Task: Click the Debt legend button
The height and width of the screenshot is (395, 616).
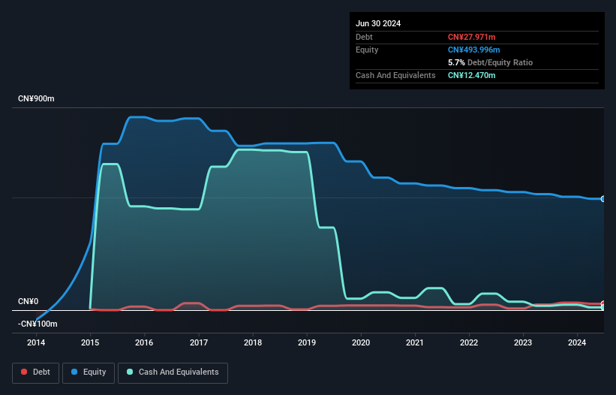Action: pyautogui.click(x=35, y=372)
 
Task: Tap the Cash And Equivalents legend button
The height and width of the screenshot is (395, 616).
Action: pyautogui.click(x=173, y=372)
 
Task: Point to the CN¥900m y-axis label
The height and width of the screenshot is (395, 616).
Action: pyautogui.click(x=36, y=99)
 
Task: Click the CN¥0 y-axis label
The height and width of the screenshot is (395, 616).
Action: pyautogui.click(x=28, y=302)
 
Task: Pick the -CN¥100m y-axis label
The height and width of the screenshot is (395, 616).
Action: pyautogui.click(x=38, y=324)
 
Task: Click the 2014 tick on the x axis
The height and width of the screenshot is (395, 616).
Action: pyautogui.click(x=36, y=343)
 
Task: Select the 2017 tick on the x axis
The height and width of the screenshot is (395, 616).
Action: pyautogui.click(x=199, y=343)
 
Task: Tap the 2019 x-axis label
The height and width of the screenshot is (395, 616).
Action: pyautogui.click(x=307, y=343)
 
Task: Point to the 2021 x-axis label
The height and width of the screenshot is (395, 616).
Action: pyautogui.click(x=415, y=343)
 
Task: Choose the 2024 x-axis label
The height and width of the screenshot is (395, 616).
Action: pyautogui.click(x=578, y=343)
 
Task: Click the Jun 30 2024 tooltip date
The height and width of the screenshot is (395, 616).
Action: pyautogui.click(x=378, y=23)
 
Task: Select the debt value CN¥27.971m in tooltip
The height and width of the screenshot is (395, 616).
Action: pyautogui.click(x=471, y=37)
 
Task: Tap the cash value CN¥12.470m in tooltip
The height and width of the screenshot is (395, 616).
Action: pyautogui.click(x=471, y=75)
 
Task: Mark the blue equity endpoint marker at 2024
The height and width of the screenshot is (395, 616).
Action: pyautogui.click(x=603, y=198)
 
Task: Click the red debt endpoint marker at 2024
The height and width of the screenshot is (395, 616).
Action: pyautogui.click(x=603, y=304)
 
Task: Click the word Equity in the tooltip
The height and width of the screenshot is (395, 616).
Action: pyautogui.click(x=367, y=50)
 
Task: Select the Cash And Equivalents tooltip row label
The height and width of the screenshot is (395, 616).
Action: pyautogui.click(x=395, y=75)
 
